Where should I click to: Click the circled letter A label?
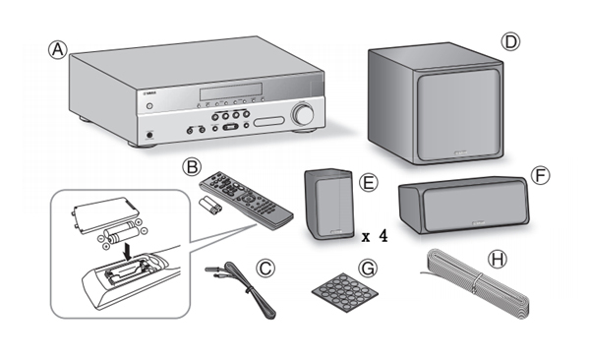pyautogui.click(x=58, y=50)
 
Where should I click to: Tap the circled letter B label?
pyautogui.click(x=192, y=167)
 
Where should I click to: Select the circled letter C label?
pyautogui.click(x=265, y=269)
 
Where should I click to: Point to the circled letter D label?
pyautogui.click(x=510, y=41)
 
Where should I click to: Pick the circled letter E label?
pyautogui.click(x=369, y=182)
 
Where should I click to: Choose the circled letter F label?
pyautogui.click(x=540, y=175)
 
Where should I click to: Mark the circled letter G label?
pyautogui.click(x=367, y=269)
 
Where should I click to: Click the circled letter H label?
pyautogui.click(x=497, y=260)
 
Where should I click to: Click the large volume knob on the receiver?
pyautogui.click(x=303, y=114)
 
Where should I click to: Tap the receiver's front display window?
pyautogui.click(x=231, y=91)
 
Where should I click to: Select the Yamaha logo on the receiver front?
pyautogui.click(x=150, y=93)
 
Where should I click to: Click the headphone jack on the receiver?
pyautogui.click(x=150, y=135)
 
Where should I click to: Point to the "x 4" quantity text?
pyautogui.click(x=374, y=236)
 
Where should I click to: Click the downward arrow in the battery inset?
pyautogui.click(x=129, y=252)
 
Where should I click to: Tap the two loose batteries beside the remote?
pyautogui.click(x=209, y=206)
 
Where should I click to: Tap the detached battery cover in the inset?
pyautogui.click(x=106, y=214)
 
